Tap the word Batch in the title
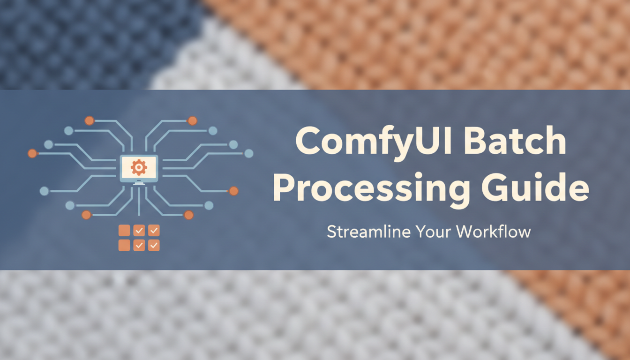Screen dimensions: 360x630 [516, 142]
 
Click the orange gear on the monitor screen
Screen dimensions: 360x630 [139, 166]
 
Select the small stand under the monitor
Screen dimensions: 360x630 [139, 183]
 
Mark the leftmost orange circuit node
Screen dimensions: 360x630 [32, 153]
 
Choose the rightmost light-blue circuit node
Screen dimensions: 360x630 [249, 153]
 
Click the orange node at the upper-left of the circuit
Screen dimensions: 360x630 [89, 120]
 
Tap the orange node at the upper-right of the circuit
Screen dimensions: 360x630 [192, 120]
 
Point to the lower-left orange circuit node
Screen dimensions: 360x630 [86, 215]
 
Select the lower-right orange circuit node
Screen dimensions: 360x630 [188, 215]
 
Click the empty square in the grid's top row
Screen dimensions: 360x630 [124, 230]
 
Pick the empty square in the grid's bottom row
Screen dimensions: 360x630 [124, 245]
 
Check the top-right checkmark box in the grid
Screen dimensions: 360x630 [154, 230]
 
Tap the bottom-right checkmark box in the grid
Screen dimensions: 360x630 [154, 245]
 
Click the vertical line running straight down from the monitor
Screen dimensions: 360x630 [139, 202]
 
